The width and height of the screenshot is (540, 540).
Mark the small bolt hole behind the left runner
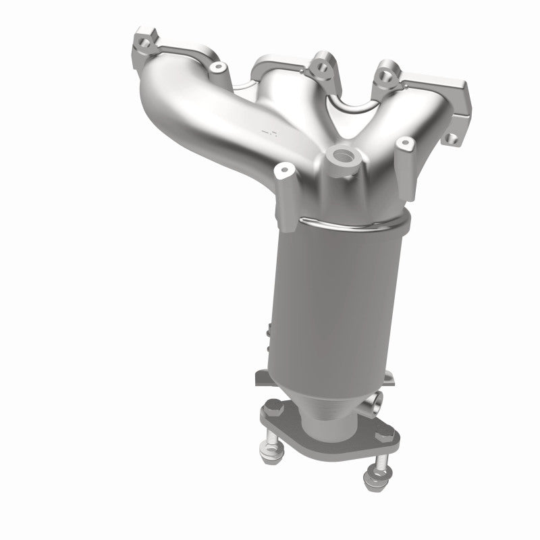click(x=217, y=68)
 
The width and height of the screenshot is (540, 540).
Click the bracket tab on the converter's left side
click(x=269, y=333)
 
